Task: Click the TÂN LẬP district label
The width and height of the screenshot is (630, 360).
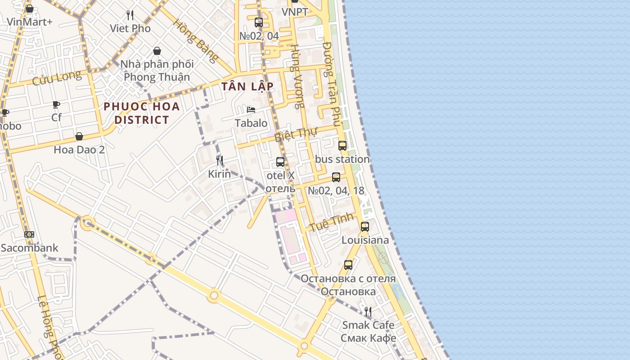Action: click(247, 86)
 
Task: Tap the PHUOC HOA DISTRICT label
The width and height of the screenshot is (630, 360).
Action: click(141, 113)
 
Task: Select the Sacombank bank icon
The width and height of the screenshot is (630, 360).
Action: click(29, 234)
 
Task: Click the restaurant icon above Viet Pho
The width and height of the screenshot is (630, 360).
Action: click(130, 15)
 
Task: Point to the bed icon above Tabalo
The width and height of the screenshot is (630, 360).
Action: click(251, 110)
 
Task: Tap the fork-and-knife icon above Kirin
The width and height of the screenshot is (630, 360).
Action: click(220, 160)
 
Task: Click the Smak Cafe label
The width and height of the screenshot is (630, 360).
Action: click(368, 325)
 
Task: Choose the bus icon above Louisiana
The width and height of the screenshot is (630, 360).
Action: click(365, 226)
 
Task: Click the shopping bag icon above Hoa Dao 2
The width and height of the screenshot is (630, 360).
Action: click(79, 136)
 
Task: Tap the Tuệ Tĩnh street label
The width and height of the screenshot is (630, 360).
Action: click(331, 222)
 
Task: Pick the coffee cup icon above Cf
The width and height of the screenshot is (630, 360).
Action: click(56, 104)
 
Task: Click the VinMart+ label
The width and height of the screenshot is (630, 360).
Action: click(30, 22)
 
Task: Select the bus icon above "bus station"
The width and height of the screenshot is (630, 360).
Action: click(342, 145)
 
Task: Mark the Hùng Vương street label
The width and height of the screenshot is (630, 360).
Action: click(296, 76)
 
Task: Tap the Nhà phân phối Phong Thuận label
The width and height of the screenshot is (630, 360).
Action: click(157, 71)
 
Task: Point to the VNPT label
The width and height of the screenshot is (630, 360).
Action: click(295, 12)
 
